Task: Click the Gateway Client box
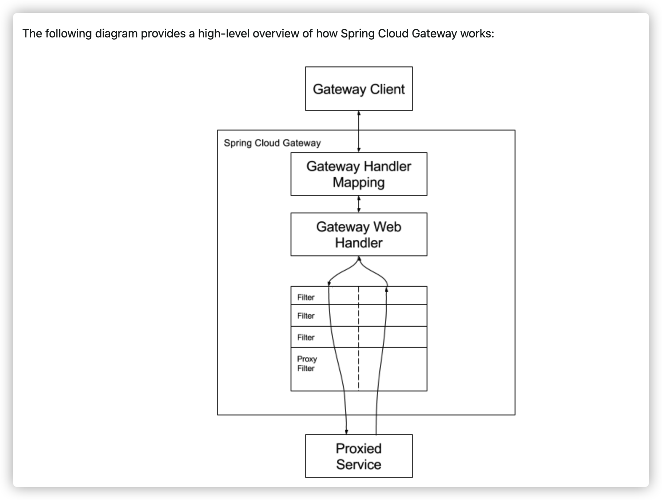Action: click(x=359, y=89)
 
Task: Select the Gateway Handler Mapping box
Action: click(x=359, y=174)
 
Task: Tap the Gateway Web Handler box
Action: click(x=359, y=234)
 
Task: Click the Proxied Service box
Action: click(x=359, y=456)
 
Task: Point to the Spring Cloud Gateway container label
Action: click(x=272, y=143)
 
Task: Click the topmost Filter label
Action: click(x=306, y=297)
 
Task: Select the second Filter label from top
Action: click(x=306, y=316)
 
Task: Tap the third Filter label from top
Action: click(x=306, y=337)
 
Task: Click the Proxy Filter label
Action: click(x=307, y=363)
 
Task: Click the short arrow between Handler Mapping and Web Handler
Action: click(x=359, y=204)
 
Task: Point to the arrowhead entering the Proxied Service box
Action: click(x=346, y=432)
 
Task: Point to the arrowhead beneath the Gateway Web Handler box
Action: click(x=359, y=259)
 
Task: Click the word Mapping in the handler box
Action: click(x=359, y=182)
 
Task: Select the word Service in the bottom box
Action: click(x=359, y=464)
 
